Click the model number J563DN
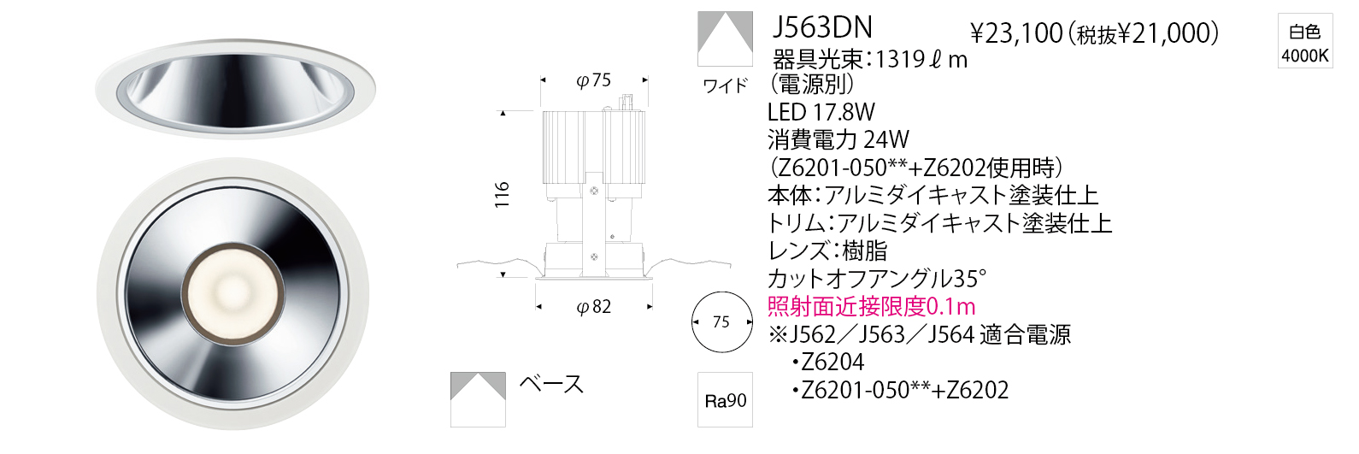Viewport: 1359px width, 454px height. [x=822, y=27]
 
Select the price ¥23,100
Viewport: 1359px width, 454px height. [x=1016, y=33]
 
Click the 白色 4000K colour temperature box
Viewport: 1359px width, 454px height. [x=1305, y=40]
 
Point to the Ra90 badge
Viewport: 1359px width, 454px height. [x=725, y=399]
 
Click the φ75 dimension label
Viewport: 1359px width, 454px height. [x=593, y=80]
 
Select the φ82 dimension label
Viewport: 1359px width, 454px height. [x=593, y=307]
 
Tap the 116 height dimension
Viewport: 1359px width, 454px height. [x=502, y=195]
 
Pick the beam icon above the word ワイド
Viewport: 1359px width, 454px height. [x=725, y=38]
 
